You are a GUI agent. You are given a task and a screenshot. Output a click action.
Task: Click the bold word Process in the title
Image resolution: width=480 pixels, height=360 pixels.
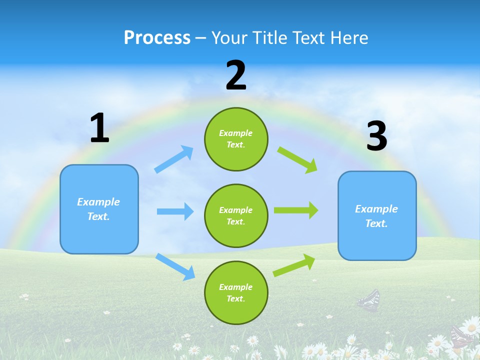pos(157,38)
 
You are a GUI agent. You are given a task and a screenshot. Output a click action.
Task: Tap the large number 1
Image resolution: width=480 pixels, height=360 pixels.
pos(99,129)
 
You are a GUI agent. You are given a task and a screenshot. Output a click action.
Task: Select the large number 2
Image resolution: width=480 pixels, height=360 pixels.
pos(236,76)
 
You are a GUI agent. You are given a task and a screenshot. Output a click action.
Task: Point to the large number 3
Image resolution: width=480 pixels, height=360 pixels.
pos(376,137)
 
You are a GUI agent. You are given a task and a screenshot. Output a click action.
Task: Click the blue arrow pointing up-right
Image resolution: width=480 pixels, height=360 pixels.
pos(174,159)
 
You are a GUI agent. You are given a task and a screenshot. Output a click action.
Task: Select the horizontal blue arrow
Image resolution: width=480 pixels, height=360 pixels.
pos(175,211)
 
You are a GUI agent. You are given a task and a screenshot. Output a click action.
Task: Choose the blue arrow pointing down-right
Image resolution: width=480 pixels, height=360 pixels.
pos(175,266)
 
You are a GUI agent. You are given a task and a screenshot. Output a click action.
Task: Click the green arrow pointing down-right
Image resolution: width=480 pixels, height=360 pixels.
pos(297,159)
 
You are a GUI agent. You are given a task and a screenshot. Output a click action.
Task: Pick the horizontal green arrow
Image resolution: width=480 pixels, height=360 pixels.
pos(296,210)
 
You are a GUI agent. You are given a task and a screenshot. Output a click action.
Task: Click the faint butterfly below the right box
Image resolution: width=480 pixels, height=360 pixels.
pos(369,301)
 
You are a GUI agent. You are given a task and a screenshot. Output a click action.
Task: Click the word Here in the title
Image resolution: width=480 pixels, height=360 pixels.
pos(350,38)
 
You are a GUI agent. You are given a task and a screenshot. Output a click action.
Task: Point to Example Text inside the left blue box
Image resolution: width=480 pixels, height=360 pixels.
pos(98,209)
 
